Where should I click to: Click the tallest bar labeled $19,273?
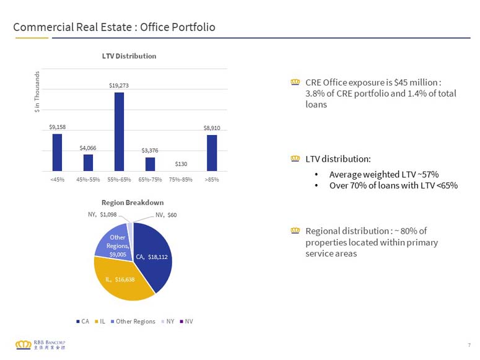[119, 131]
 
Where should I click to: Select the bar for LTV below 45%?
[57, 152]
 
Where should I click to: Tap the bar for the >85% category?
[212, 153]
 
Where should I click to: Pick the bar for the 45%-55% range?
[88, 163]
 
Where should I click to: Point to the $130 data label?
[181, 164]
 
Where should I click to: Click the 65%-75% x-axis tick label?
[150, 180]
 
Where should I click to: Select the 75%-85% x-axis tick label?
[181, 180]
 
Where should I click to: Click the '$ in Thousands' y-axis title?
[37, 92]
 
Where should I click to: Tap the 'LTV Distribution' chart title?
[129, 56]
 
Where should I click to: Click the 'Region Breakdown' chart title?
[133, 203]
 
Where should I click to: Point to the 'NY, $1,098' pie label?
[102, 214]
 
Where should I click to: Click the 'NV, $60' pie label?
[166, 215]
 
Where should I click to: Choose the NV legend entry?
[186, 322]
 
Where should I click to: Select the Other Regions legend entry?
[133, 322]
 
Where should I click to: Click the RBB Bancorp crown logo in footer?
[24, 345]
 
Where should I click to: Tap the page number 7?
[469, 345]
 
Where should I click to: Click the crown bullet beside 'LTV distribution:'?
[295, 159]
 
